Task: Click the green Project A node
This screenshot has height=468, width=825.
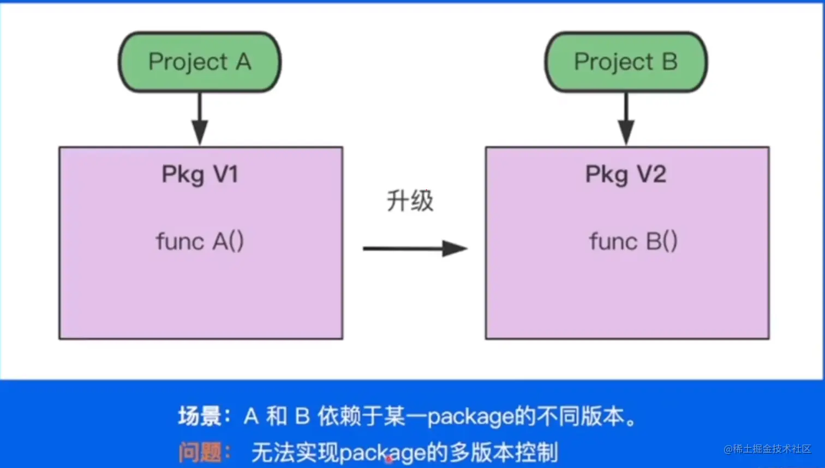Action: pyautogui.click(x=200, y=62)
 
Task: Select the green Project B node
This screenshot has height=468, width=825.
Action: pyautogui.click(x=626, y=62)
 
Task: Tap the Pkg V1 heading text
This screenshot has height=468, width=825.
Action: pyautogui.click(x=200, y=175)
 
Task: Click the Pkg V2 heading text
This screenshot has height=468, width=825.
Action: pyautogui.click(x=626, y=175)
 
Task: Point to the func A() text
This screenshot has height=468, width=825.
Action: pyautogui.click(x=200, y=241)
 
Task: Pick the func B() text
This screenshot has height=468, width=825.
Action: pyautogui.click(x=633, y=241)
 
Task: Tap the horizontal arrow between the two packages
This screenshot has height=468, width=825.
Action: pyautogui.click(x=415, y=248)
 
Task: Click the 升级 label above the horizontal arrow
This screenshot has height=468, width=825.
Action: pyautogui.click(x=410, y=201)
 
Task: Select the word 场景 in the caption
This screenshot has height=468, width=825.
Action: pyautogui.click(x=200, y=417)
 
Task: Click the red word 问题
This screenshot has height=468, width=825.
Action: pyautogui.click(x=200, y=452)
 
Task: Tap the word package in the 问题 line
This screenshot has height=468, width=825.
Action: pyautogui.click(x=382, y=453)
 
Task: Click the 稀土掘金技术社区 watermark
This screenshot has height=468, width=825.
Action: pyautogui.click(x=768, y=449)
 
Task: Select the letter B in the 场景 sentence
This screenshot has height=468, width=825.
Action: pyautogui.click(x=302, y=417)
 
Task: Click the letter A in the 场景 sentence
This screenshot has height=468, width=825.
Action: pyautogui.click(x=251, y=417)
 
